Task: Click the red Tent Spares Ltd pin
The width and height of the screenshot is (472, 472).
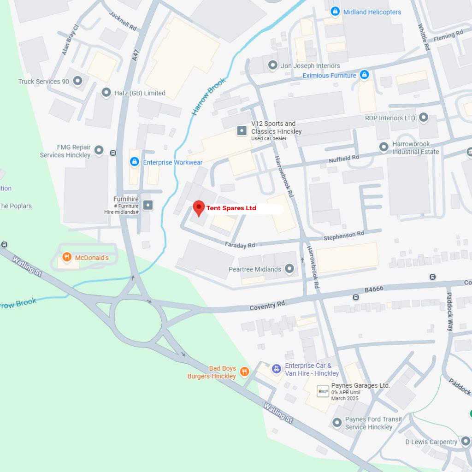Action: pyautogui.click(x=199, y=208)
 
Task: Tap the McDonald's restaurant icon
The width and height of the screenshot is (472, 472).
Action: pyautogui.click(x=67, y=257)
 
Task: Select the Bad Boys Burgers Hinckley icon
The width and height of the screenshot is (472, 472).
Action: pyautogui.click(x=244, y=372)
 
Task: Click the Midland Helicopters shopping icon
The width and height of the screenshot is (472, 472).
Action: pyautogui.click(x=335, y=12)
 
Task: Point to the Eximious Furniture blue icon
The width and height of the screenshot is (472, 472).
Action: pyautogui.click(x=364, y=75)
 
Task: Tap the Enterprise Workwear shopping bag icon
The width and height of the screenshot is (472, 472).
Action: pyautogui.click(x=134, y=162)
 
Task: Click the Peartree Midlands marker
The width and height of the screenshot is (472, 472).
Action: pyautogui.click(x=289, y=269)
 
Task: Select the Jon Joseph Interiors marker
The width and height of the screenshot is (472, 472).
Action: pyautogui.click(x=272, y=65)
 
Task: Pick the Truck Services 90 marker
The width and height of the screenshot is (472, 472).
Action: pyautogui.click(x=77, y=81)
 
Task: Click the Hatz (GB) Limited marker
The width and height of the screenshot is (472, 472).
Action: pyautogui.click(x=106, y=93)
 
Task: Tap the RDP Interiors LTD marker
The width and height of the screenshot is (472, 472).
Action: pyautogui.click(x=423, y=118)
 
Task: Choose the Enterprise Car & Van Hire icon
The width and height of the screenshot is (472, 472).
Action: pyautogui.click(x=276, y=369)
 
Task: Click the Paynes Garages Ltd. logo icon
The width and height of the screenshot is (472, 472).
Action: pyautogui.click(x=323, y=392)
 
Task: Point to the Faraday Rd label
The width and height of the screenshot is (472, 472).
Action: pyautogui.click(x=240, y=245)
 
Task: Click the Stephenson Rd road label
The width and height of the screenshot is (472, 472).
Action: pyautogui.click(x=343, y=236)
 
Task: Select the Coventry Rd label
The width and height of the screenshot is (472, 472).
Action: pyautogui.click(x=267, y=305)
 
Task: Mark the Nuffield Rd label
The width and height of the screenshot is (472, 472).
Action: pyautogui.click(x=343, y=159)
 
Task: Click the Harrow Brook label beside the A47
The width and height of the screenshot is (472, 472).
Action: pyautogui.click(x=208, y=96)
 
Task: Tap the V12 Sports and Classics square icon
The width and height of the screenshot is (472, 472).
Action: pyautogui.click(x=242, y=131)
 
